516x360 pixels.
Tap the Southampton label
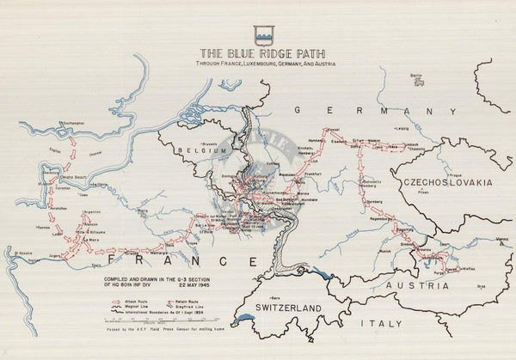71,122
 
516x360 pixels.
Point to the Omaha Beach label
65,178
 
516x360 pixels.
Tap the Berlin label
416,75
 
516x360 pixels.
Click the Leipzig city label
402,128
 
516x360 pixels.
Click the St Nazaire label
27,251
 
